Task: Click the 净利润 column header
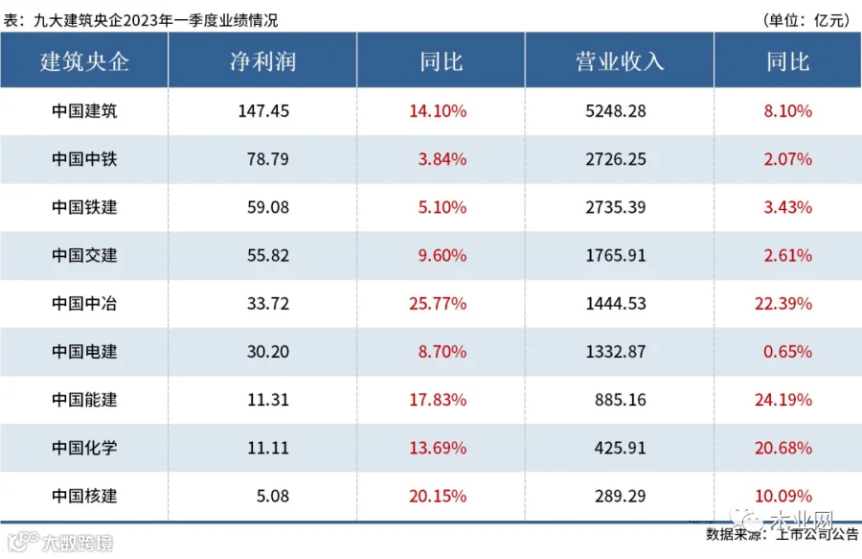(262, 61)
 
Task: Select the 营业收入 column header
(620, 61)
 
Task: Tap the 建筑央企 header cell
(84, 61)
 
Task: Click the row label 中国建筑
(84, 111)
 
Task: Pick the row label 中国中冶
(84, 304)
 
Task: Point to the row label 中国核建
(84, 497)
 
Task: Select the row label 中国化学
(84, 448)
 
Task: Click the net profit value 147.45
(263, 111)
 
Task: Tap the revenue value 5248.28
(616, 111)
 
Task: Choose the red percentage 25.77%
(438, 304)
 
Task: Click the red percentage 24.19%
(783, 400)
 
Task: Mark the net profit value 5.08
(273, 497)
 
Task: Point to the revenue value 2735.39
(616, 207)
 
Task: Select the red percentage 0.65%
(788, 352)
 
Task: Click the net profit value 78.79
(268, 159)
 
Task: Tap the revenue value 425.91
(620, 448)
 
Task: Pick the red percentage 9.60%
(442, 256)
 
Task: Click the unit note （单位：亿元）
(806, 20)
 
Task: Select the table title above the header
(141, 20)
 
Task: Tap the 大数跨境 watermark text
(77, 544)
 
